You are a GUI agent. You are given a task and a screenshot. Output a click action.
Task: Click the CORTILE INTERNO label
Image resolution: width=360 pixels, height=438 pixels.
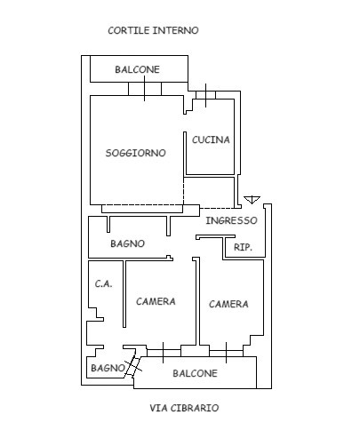[153, 30]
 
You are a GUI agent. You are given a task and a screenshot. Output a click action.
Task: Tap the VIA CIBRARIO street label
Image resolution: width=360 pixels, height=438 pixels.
[184, 408]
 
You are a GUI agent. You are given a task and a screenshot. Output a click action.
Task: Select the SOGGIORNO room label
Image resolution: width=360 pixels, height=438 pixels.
[136, 153]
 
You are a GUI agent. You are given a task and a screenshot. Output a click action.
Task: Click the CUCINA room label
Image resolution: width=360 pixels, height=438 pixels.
[211, 139]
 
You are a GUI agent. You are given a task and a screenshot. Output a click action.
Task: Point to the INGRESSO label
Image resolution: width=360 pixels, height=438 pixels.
[231, 220]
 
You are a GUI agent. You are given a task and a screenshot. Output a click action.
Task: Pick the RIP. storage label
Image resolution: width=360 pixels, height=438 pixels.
[243, 247]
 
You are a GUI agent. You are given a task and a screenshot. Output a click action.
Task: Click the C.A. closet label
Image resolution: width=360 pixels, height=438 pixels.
[103, 283]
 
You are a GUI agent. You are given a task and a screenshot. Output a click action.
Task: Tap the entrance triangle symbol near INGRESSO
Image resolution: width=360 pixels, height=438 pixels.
[252, 200]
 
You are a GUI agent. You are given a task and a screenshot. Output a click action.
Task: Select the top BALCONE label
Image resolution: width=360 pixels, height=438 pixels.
[138, 69]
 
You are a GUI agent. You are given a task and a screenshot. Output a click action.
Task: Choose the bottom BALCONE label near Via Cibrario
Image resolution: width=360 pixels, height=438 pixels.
[195, 373]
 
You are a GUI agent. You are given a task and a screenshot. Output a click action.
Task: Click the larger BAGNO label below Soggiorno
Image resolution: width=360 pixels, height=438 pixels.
[128, 243]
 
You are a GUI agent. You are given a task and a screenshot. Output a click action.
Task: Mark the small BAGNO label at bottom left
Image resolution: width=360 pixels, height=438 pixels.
[108, 368]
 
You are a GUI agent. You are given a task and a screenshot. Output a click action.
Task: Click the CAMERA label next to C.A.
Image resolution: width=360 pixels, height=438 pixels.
[156, 301]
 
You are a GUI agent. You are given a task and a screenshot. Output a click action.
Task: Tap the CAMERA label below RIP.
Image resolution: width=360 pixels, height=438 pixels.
[228, 304]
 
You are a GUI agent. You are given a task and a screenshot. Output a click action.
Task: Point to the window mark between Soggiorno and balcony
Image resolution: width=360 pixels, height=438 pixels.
[145, 89]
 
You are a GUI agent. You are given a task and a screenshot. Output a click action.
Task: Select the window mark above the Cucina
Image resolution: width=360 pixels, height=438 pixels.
[206, 95]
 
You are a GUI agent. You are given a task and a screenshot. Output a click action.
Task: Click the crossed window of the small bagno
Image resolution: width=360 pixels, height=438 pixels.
[133, 366]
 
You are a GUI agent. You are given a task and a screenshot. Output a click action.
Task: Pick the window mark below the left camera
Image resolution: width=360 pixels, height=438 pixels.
[164, 353]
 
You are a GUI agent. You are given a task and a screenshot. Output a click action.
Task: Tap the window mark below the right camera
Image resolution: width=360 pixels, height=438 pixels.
[227, 353]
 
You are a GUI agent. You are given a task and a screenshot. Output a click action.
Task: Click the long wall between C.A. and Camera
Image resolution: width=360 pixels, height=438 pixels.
[124, 294]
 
